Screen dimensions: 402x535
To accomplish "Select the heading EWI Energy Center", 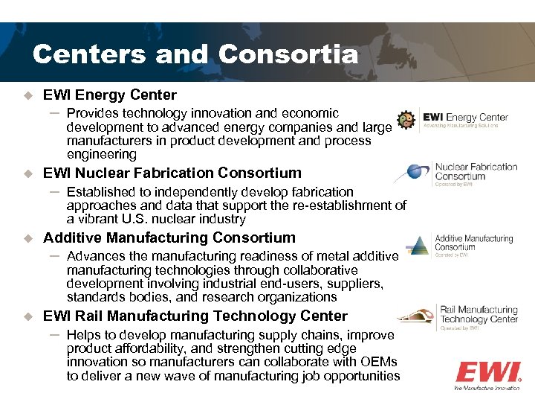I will tap(110, 95).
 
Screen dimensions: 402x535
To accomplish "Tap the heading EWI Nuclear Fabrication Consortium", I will tap(172, 173).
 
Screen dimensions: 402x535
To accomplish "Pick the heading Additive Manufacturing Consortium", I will tap(169, 237).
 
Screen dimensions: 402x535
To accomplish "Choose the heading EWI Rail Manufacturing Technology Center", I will tap(195, 316).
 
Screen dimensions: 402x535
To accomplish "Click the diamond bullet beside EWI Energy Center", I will tap(29, 95).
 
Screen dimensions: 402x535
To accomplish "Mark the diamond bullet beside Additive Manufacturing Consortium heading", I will tap(29, 238).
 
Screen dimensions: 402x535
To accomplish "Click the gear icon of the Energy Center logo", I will tap(406, 120).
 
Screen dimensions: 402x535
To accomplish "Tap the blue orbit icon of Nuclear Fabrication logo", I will tap(411, 173).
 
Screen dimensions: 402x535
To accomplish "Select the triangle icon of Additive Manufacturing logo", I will tap(421, 245).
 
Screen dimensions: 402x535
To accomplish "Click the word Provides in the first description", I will tap(91, 113).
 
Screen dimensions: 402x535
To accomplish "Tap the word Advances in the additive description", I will tap(95, 256).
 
